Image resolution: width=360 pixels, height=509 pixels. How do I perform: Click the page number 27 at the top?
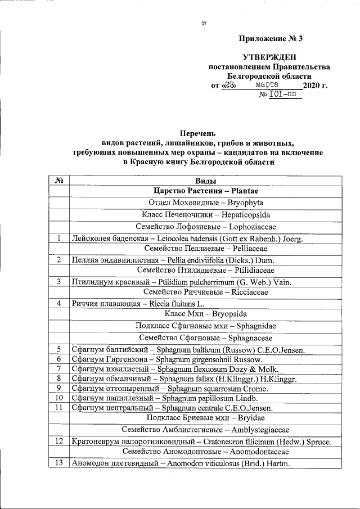tap(204, 23)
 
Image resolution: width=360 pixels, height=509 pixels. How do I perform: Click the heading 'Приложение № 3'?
tap(271, 39)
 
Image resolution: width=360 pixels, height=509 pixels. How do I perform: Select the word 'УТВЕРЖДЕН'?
tap(269, 57)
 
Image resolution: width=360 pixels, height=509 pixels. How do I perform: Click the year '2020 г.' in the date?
tap(314, 85)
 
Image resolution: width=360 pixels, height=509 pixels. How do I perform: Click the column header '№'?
tap(59, 181)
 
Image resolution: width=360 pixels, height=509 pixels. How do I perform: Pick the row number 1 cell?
tap(59, 238)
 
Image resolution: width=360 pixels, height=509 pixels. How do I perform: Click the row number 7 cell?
tap(59, 369)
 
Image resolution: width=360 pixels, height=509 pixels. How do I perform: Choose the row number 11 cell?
tap(59, 407)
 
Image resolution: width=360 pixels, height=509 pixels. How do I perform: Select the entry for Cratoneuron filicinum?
tap(201, 442)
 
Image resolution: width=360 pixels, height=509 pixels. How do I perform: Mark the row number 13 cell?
tap(59, 463)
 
